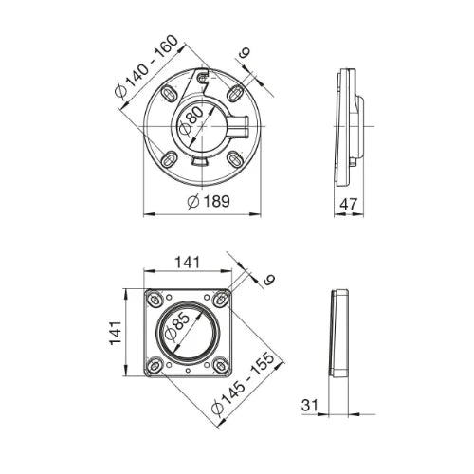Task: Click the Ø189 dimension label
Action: click(209, 202)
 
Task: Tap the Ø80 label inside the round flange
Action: click(191, 121)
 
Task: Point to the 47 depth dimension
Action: click(349, 204)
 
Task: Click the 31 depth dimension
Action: click(310, 405)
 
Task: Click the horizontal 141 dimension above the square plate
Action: click(188, 263)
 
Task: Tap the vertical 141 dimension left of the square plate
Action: click(116, 333)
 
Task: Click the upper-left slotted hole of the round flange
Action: click(170, 94)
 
